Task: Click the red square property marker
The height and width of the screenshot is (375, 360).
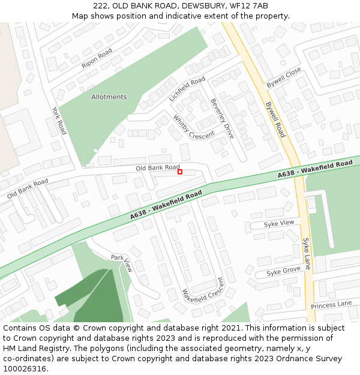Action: (180, 172)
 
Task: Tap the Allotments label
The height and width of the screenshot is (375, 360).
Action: (109, 97)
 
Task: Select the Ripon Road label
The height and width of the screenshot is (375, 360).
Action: (97, 58)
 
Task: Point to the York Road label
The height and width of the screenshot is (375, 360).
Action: (59, 121)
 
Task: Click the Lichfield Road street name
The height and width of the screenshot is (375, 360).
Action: (187, 88)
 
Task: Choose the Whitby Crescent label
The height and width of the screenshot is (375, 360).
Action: (193, 127)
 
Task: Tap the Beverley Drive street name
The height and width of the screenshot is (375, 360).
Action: (221, 119)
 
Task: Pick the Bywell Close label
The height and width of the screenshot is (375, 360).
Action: (284, 78)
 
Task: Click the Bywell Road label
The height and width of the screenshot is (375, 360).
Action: (275, 119)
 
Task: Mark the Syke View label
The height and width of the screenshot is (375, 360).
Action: (280, 223)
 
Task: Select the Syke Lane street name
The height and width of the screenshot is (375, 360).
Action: (307, 253)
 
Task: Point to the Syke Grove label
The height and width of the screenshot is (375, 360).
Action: (283, 271)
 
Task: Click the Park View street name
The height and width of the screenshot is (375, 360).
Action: (121, 263)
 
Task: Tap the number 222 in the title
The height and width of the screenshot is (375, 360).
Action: (100, 5)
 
